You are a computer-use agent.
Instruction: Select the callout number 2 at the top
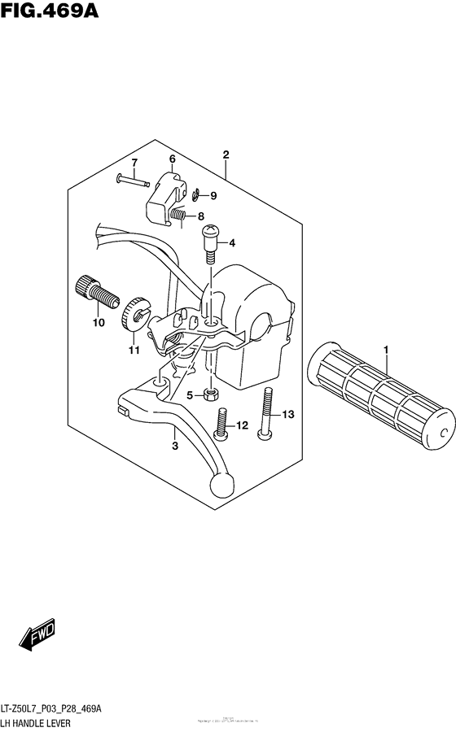coord(225,155)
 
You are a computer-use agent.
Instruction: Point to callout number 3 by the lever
coord(173,446)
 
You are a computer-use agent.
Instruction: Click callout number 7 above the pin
coord(134,163)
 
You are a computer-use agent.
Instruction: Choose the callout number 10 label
coord(99,323)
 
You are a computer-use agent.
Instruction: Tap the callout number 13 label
coord(287,415)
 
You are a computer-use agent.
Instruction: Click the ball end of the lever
coord(221,486)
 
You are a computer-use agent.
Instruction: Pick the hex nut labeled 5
coord(209,394)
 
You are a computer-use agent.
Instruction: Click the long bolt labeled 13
coord(266,415)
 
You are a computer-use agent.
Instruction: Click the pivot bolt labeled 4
coord(209,242)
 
